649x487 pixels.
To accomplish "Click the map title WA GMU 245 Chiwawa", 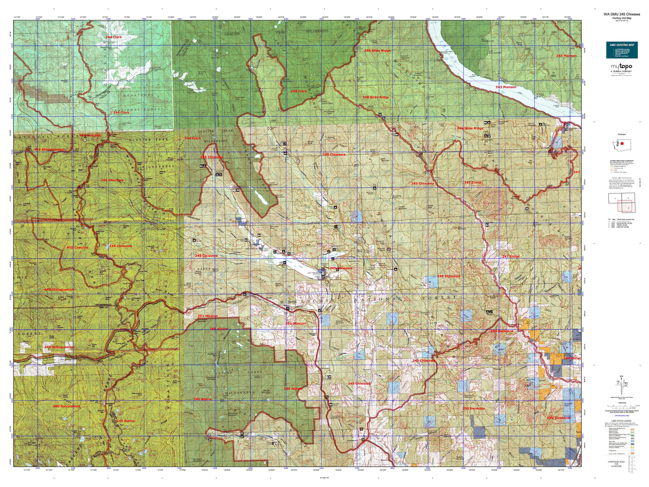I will click(621, 14).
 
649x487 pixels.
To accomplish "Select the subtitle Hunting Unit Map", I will click(621, 18).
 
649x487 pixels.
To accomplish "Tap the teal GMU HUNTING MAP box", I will click(622, 50).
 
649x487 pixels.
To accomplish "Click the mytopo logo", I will click(621, 67).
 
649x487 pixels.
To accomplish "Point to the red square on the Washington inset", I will click(622, 143).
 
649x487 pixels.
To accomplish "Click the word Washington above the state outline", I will click(621, 134).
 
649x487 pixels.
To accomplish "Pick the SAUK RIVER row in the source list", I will click(621, 223).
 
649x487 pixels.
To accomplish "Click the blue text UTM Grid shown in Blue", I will click(621, 416).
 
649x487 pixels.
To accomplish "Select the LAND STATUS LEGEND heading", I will click(621, 421).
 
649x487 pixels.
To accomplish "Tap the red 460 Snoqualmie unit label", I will click(66, 406).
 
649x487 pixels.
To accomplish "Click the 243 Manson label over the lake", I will click(505, 87).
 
